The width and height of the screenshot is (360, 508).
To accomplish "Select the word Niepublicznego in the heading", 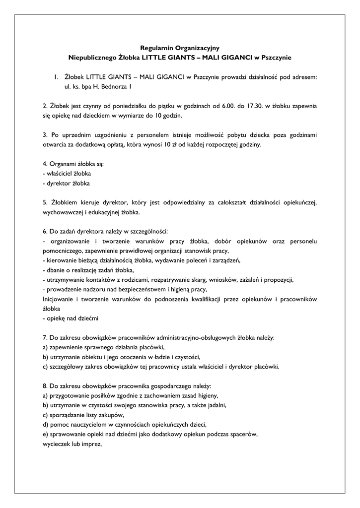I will (91, 58).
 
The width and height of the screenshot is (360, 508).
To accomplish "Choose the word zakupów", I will (110, 415).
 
